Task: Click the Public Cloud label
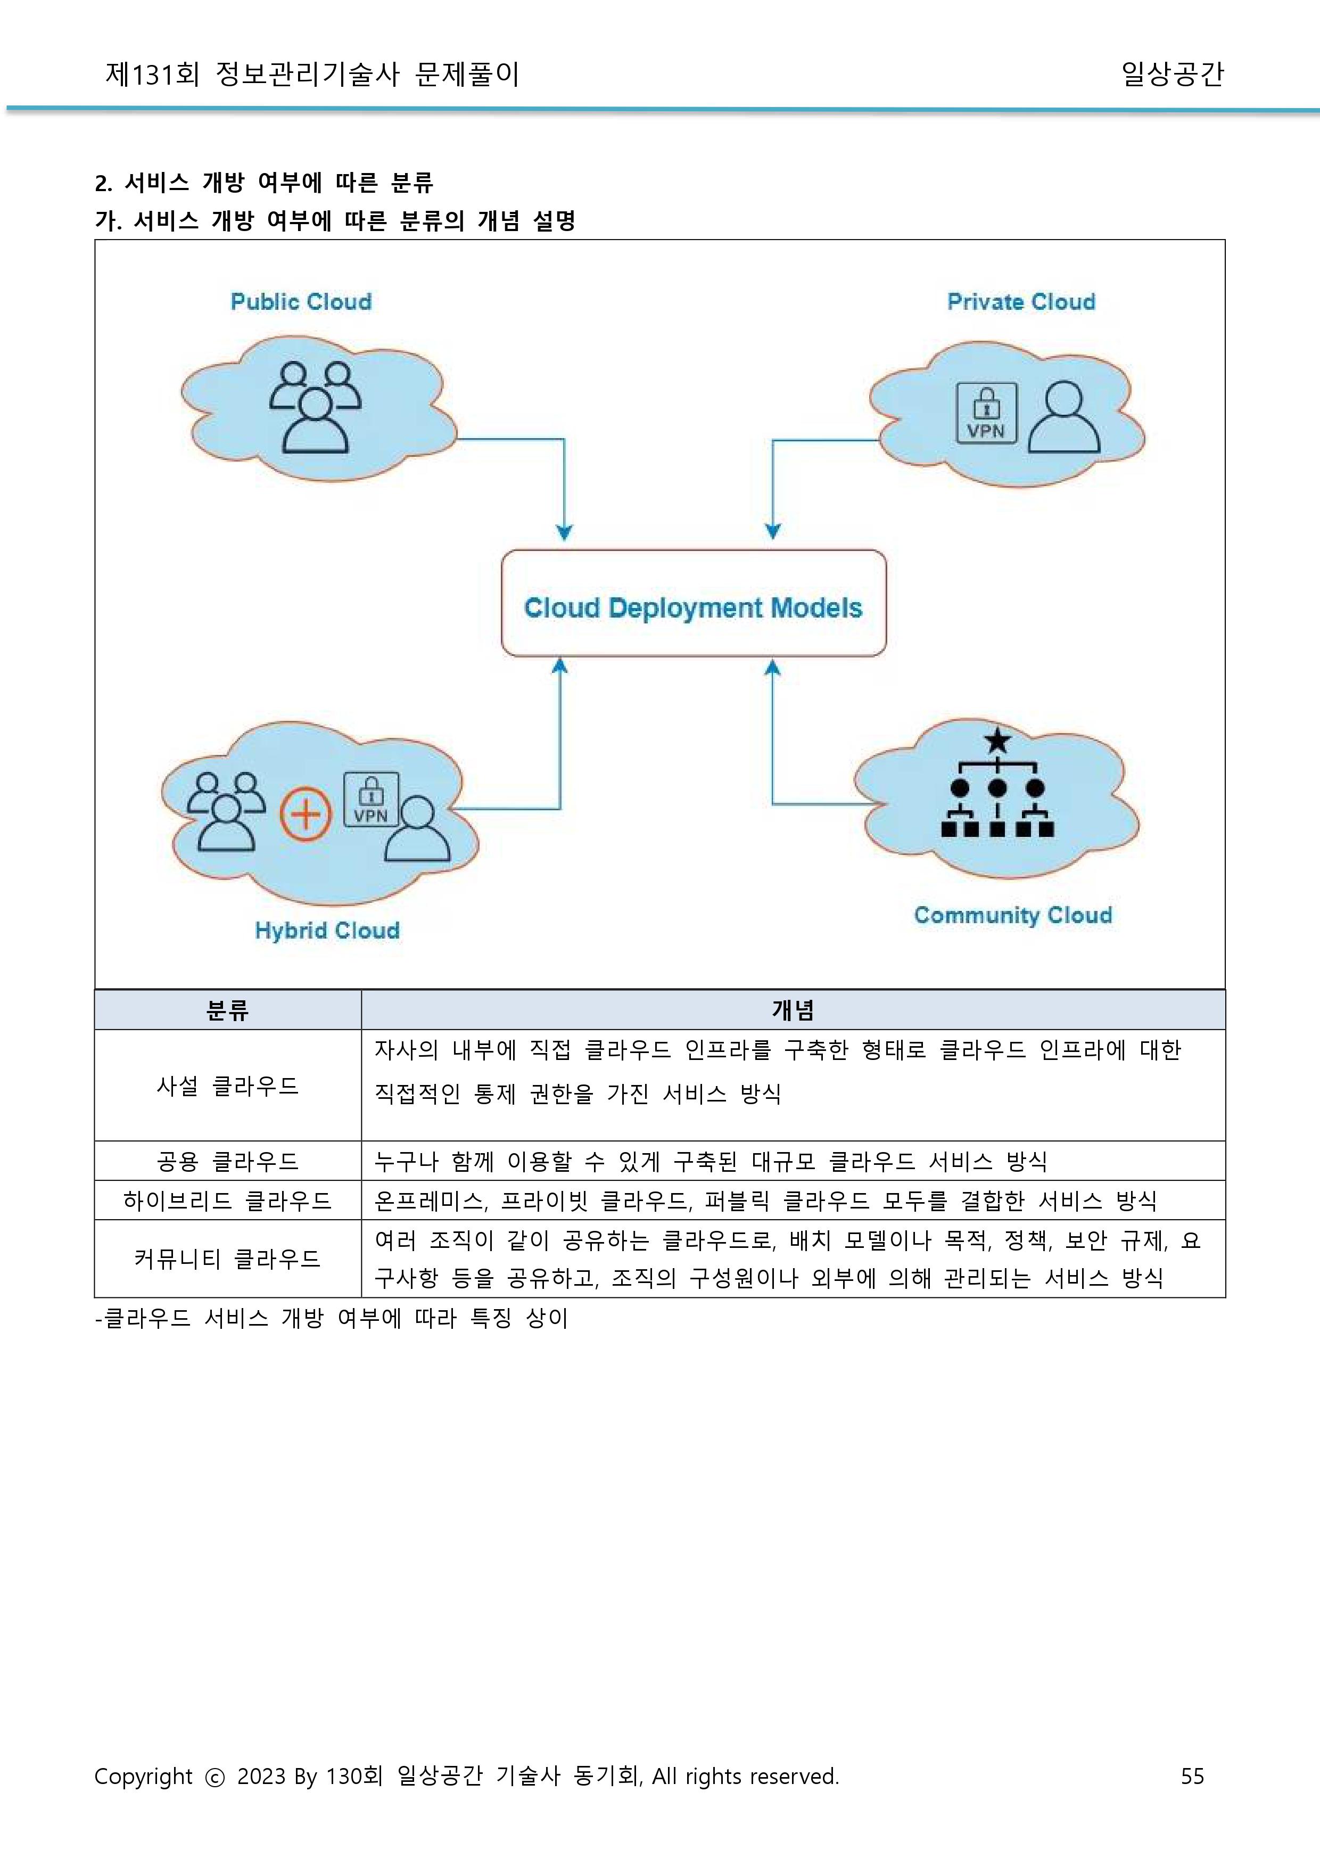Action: (x=301, y=302)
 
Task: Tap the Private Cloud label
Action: (x=1021, y=302)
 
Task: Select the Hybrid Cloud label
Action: (x=327, y=930)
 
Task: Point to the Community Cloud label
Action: (x=1013, y=915)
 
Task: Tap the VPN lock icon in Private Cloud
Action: (x=986, y=412)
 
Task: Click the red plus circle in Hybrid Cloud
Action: (x=306, y=814)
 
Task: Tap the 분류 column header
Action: (x=228, y=1010)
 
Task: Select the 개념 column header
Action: (x=793, y=1010)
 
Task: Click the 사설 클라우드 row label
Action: (x=228, y=1086)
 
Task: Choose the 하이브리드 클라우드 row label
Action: (x=228, y=1200)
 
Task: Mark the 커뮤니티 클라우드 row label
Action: (x=228, y=1259)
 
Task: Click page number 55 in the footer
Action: (x=1192, y=1775)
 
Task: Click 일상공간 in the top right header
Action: (x=1172, y=74)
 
